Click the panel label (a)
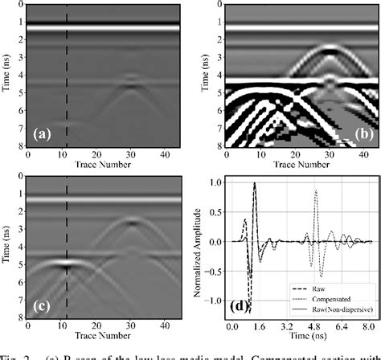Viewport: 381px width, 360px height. (39, 134)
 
